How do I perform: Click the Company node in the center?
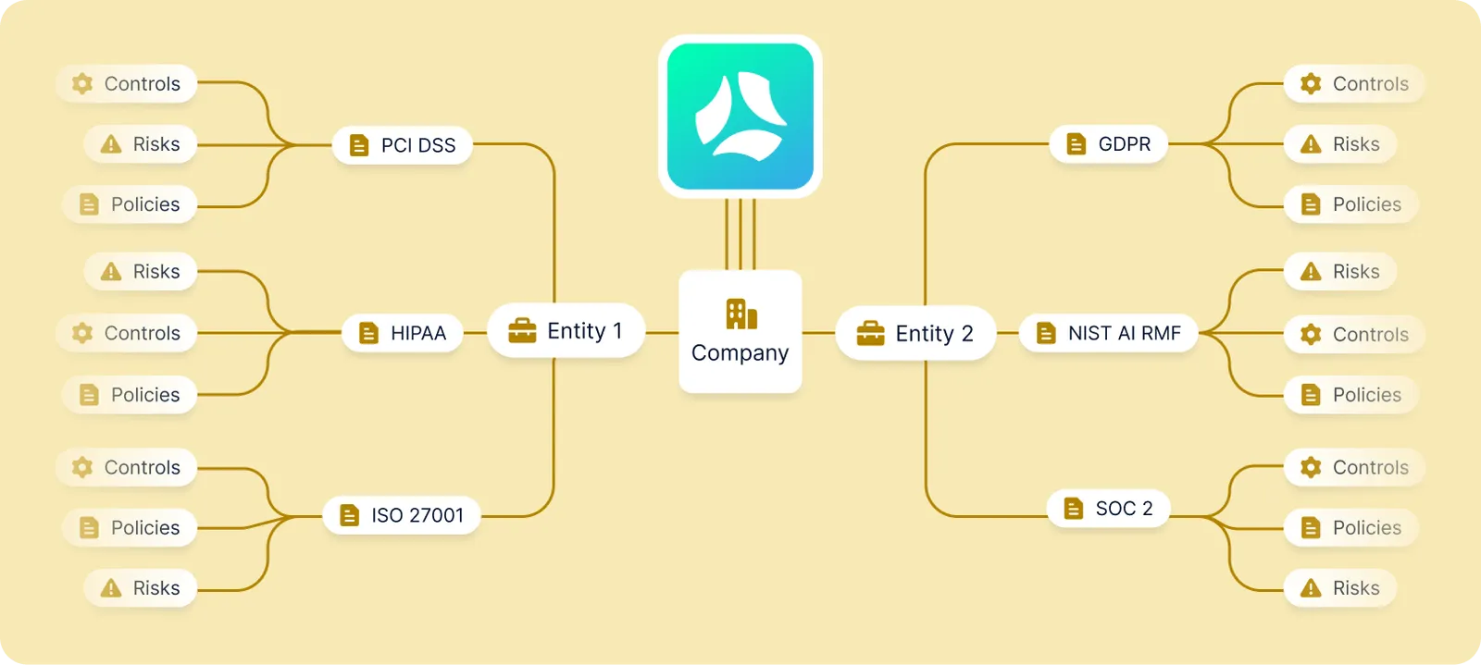[x=740, y=332]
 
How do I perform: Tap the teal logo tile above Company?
[x=740, y=117]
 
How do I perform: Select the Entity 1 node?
[x=566, y=331]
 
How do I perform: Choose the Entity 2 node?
[x=915, y=333]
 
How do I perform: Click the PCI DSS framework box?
[x=403, y=145]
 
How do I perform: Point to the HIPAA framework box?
[x=403, y=333]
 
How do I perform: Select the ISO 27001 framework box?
[x=402, y=515]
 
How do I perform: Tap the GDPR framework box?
[x=1108, y=144]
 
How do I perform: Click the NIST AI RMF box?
[x=1108, y=333]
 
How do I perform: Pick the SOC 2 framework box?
[x=1108, y=509]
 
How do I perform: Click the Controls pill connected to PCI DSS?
[x=127, y=84]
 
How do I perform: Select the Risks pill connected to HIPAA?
[x=141, y=272]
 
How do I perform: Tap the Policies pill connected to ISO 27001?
[x=130, y=528]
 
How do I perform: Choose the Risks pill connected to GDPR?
[x=1339, y=144]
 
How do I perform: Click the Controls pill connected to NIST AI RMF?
[x=1353, y=335]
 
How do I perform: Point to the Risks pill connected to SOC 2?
[x=1339, y=588]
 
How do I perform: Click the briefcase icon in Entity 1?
[x=522, y=331]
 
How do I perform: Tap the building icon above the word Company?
[x=740, y=314]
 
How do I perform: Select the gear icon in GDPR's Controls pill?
[x=1310, y=84]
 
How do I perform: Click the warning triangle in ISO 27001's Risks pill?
[x=111, y=588]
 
